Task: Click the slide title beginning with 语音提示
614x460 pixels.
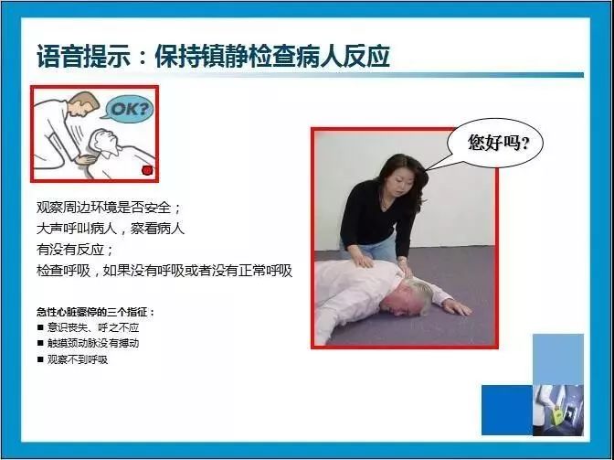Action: pyautogui.click(x=214, y=57)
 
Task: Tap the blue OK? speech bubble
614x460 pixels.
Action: pyautogui.click(x=128, y=109)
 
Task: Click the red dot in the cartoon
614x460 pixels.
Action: pyautogui.click(x=147, y=170)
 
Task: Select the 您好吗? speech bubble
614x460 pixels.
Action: pyautogui.click(x=494, y=143)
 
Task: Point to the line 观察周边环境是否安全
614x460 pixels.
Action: pyautogui.click(x=109, y=208)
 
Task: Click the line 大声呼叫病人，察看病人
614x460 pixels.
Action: pyautogui.click(x=111, y=228)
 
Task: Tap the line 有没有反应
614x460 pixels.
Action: pyautogui.click(x=75, y=249)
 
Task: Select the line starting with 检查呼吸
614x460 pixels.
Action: pyautogui.click(x=164, y=271)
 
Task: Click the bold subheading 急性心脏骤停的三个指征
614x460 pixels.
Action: pyautogui.click(x=96, y=312)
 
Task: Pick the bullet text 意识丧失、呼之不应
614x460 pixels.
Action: pyautogui.click(x=93, y=327)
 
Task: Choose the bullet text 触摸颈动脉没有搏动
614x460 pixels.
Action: pyautogui.click(x=93, y=343)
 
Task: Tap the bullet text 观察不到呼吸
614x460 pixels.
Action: pyautogui.click(x=78, y=359)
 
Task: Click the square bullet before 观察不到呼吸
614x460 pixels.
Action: pyautogui.click(x=40, y=358)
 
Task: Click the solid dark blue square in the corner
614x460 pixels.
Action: pyautogui.click(x=507, y=410)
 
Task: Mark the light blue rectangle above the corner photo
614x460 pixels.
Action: pyautogui.click(x=558, y=359)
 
